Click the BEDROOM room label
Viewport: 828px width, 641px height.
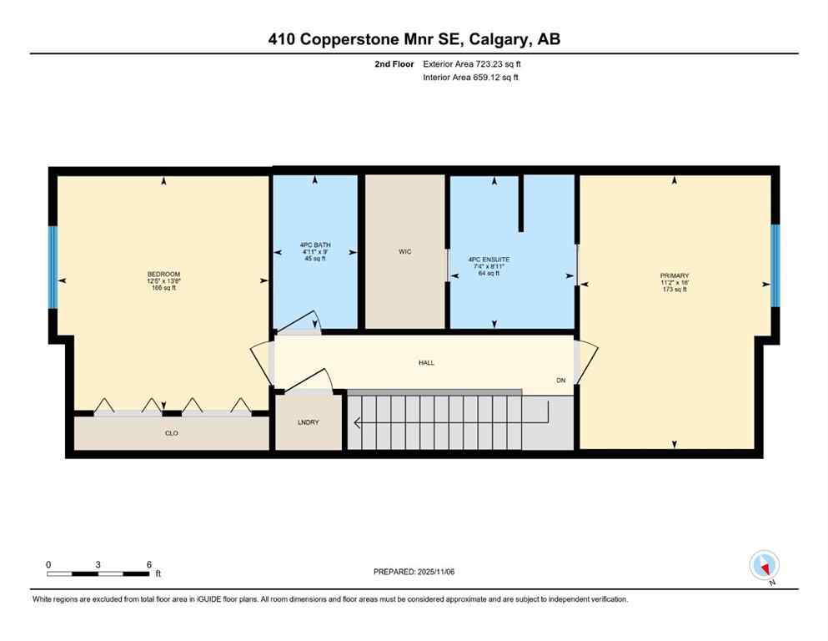163,275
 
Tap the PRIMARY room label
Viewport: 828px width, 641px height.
674,275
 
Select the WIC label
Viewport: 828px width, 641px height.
404,251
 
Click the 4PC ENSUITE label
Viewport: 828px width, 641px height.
489,260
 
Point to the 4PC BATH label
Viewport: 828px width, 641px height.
316,245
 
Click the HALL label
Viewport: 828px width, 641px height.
426,362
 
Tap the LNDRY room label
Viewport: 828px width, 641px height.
309,422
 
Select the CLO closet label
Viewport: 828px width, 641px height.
172,433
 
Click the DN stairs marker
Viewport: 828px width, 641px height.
562,381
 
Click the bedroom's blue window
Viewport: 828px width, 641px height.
53,267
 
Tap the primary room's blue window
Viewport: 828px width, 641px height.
775,265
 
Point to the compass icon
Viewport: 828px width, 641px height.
765,566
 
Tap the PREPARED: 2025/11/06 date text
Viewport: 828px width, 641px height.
414,572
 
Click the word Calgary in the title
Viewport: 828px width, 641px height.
499,38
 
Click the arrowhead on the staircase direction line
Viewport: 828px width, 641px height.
358,423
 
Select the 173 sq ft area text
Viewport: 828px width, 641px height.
674,289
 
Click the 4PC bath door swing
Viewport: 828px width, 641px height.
302,322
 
